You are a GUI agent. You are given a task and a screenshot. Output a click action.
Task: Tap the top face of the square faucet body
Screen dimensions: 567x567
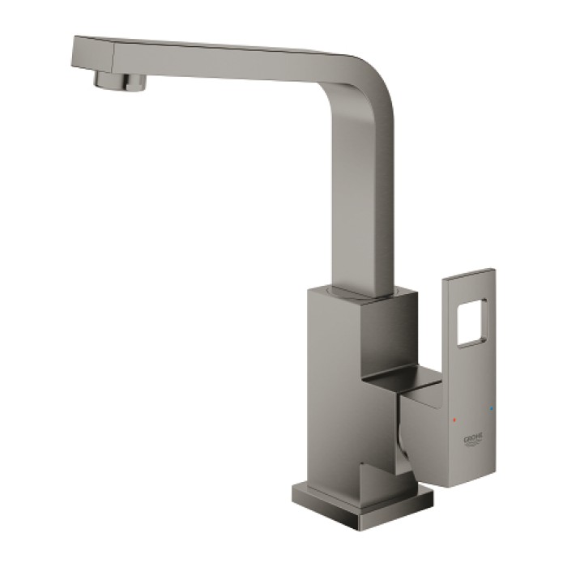[x=356, y=293]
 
